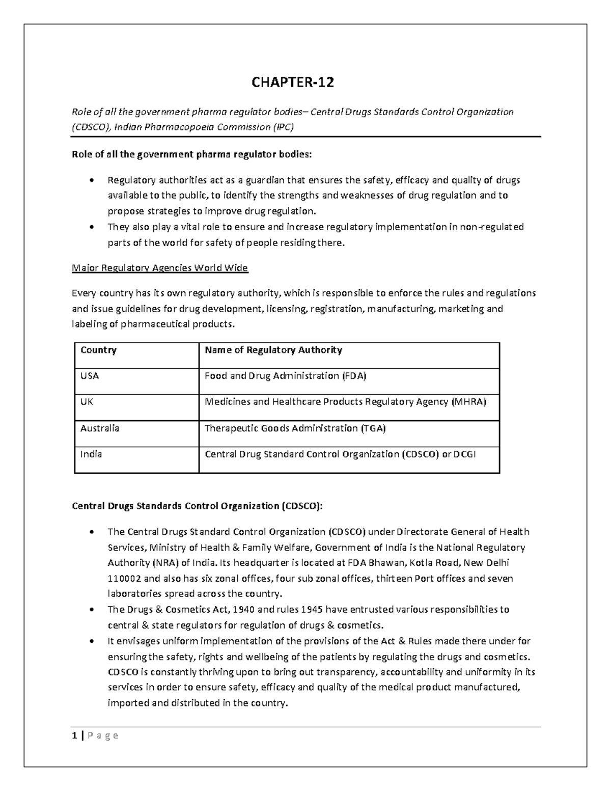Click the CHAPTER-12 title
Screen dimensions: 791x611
(293, 82)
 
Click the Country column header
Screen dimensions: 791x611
(98, 350)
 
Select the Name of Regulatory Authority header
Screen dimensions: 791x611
(273, 350)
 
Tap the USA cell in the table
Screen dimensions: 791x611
(90, 376)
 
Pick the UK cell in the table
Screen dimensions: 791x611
(87, 401)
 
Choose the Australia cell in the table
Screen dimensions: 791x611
(100, 428)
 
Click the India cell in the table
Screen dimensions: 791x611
(91, 454)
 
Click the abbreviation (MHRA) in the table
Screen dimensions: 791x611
(469, 401)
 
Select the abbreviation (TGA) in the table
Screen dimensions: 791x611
(373, 428)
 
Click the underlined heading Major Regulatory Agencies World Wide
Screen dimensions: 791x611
(160, 268)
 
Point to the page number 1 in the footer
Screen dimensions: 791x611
(75, 735)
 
